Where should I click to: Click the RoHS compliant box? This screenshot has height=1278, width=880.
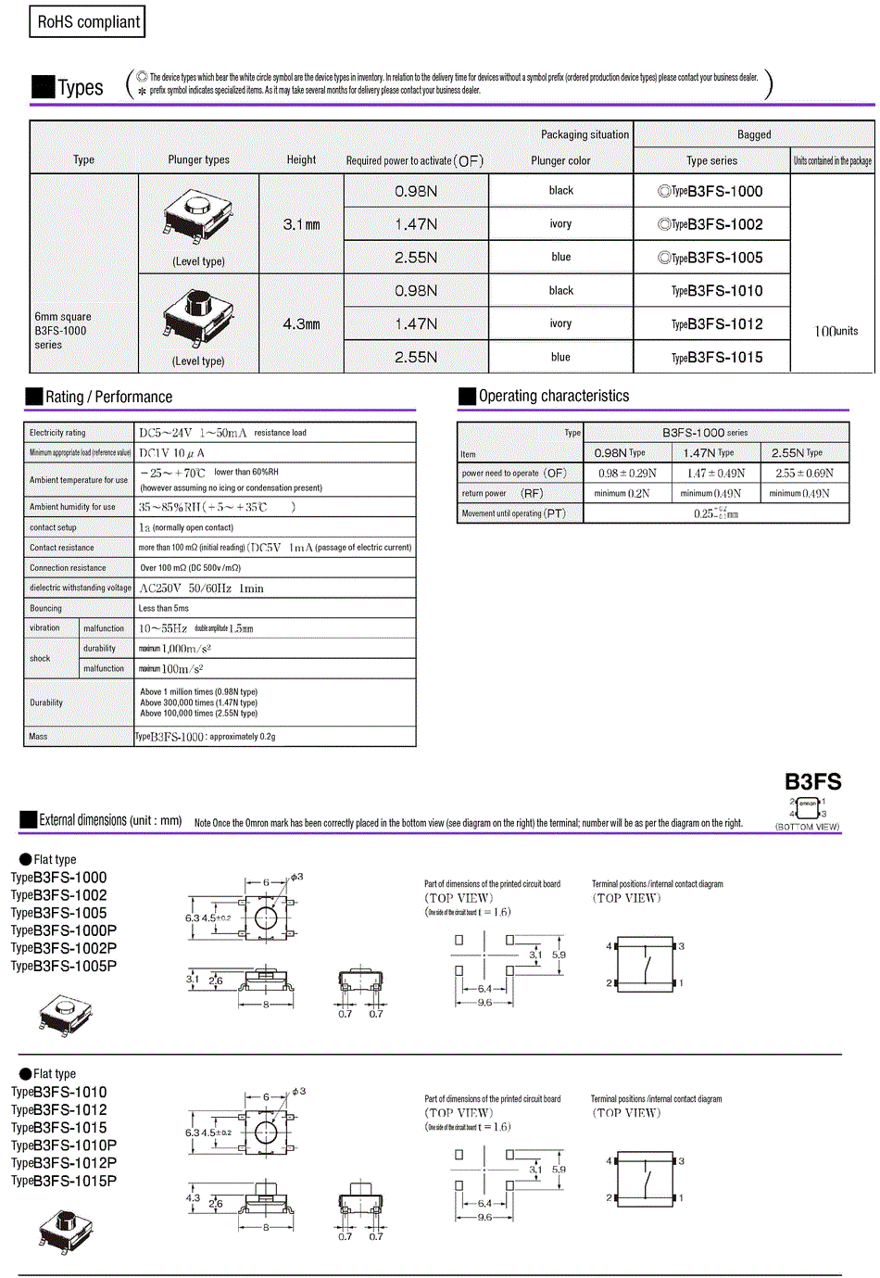(88, 22)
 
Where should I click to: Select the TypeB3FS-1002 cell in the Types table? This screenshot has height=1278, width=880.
(711, 224)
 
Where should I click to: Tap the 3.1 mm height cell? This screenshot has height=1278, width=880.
(301, 224)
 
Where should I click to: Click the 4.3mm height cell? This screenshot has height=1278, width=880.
(301, 324)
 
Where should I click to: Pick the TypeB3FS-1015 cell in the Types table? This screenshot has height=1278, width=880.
(711, 358)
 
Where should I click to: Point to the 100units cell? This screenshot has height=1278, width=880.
(835, 331)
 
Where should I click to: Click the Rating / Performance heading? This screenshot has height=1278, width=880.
(108, 398)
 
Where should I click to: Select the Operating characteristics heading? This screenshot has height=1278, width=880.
(553, 397)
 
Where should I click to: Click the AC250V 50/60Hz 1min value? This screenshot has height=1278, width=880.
(201, 588)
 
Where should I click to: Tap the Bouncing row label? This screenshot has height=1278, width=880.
(45, 609)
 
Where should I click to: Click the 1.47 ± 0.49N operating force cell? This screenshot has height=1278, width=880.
(716, 474)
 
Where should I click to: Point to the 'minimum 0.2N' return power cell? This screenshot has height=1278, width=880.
(622, 494)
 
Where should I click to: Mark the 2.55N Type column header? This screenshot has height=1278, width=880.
(797, 453)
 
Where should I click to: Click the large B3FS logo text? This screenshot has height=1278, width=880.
(812, 782)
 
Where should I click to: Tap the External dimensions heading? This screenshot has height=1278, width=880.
(109, 820)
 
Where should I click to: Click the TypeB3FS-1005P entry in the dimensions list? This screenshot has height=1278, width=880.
(64, 967)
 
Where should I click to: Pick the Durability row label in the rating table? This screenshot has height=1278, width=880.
(46, 702)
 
